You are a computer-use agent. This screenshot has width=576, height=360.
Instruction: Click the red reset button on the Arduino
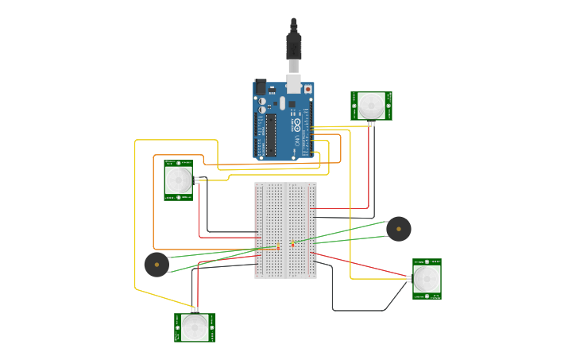click(x=307, y=89)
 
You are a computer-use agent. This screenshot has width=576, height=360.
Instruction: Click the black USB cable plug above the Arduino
click(x=294, y=48)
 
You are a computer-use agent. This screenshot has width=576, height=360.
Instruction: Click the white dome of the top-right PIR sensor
click(x=370, y=105)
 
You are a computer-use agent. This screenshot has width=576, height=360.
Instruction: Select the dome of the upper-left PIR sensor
click(x=178, y=180)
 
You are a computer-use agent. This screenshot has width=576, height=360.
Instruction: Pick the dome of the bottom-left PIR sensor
click(x=195, y=327)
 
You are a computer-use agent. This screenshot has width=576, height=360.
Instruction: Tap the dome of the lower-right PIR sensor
click(x=426, y=278)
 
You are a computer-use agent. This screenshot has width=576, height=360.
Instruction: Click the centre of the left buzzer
click(x=157, y=264)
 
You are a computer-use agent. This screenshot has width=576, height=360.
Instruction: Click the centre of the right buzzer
click(x=399, y=229)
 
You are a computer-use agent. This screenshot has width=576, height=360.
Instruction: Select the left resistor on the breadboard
click(x=278, y=247)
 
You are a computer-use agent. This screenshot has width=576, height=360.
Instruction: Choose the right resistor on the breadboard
click(x=293, y=243)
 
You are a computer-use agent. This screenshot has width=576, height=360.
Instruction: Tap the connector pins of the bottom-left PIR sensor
click(x=195, y=309)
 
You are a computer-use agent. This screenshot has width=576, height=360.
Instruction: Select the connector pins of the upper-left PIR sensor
click(x=196, y=180)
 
